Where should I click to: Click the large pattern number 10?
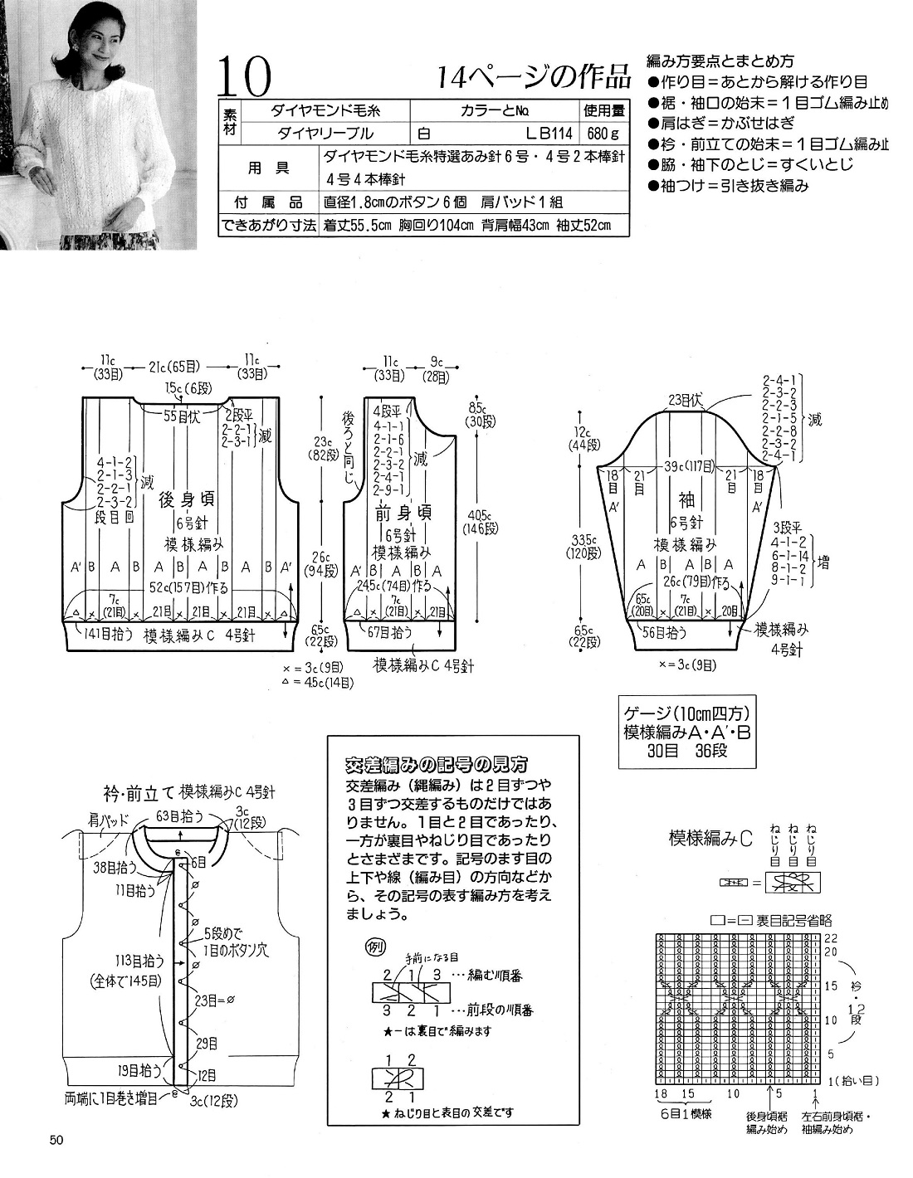coord(246,79)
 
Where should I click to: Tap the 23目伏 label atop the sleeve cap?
coord(686,401)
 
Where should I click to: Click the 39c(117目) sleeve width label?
coord(686,467)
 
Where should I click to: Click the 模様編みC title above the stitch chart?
coord(710,839)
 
